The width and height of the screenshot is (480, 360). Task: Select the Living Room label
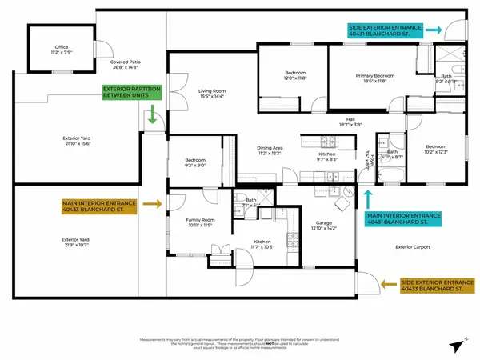coord(211,94)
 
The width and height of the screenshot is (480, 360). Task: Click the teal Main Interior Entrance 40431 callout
coord(404,218)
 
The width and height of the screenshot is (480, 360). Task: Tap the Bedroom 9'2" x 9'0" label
coord(196,163)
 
